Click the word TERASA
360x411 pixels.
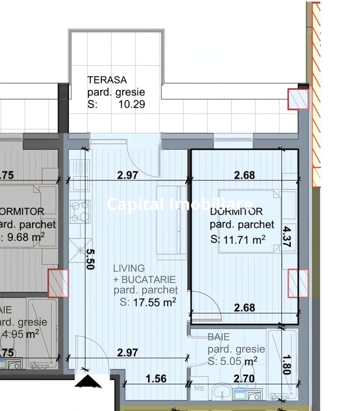[x=107, y=80]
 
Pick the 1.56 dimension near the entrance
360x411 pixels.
[x=156, y=378]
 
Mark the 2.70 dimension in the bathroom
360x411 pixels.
[x=244, y=378]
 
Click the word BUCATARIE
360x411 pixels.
[x=150, y=279]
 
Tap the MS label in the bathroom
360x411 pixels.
[x=199, y=388]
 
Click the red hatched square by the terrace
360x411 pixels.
[x=298, y=99]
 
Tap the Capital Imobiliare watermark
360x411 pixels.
[x=180, y=204]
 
